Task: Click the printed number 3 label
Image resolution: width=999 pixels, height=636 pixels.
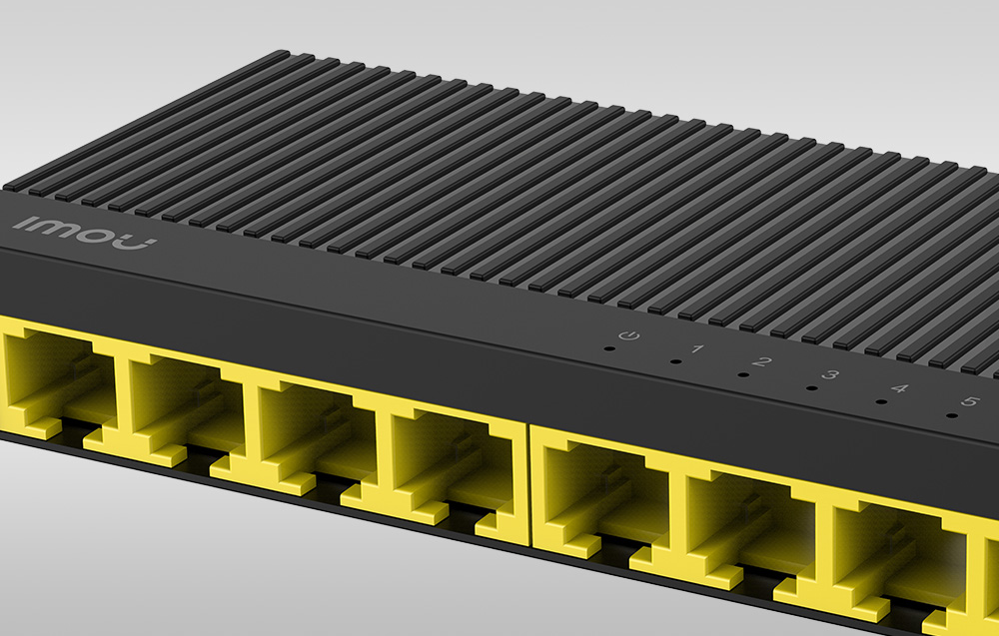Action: [830, 376]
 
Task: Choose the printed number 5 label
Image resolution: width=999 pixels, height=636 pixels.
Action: [967, 402]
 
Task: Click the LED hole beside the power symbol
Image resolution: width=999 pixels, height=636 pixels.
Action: [608, 350]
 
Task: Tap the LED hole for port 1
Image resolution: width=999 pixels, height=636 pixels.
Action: [676, 362]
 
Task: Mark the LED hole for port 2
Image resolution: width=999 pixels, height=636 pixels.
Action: [743, 375]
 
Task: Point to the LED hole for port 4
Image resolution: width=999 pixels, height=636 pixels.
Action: [880, 402]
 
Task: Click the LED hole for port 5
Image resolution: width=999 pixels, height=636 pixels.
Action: [949, 416]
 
